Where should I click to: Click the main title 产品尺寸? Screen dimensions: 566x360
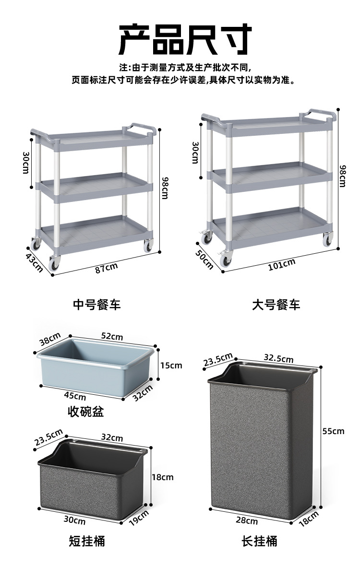185,39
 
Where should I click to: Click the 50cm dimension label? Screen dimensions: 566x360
204,259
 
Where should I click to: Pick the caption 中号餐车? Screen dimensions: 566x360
97,305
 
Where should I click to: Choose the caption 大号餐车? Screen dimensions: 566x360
276,305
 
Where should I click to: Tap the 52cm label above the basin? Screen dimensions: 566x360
112,336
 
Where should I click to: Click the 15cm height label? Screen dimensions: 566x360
171,366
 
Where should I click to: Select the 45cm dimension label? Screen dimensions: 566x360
75,396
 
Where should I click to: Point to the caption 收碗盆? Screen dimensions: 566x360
86,412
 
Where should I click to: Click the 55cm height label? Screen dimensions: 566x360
333,431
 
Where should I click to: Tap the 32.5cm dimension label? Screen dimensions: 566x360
278,358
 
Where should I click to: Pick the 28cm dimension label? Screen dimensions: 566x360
247,520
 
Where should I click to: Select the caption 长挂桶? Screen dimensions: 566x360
259,542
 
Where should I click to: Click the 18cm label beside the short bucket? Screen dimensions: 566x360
162,477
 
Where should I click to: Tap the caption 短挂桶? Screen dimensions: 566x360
87,542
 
